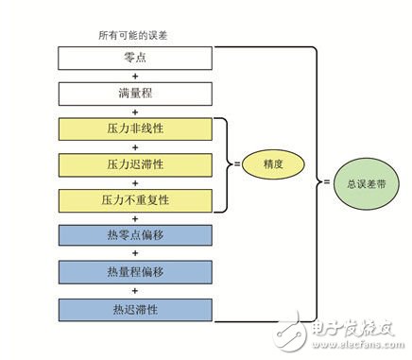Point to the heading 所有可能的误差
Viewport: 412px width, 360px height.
pos(133,35)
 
